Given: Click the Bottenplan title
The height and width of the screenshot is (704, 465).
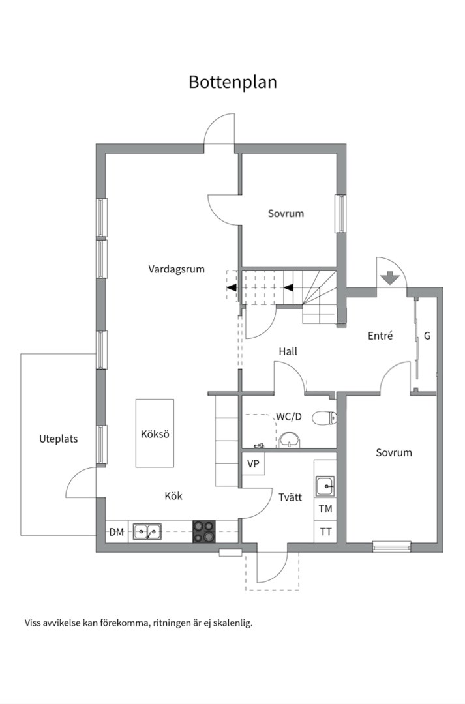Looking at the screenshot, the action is tap(232, 82).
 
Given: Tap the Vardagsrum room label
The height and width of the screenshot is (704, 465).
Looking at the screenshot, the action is tap(177, 269).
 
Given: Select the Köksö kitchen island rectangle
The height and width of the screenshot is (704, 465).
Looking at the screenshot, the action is tap(155, 433).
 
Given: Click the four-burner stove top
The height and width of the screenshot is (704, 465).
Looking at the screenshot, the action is tap(204, 532).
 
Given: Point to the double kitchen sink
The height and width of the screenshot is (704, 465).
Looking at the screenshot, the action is tap(147, 532).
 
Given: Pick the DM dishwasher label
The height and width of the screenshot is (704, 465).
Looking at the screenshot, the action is tap(116, 532).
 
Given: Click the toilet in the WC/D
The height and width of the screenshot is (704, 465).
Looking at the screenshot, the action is tap(324, 418).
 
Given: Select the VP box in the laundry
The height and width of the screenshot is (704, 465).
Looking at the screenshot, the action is tap(254, 463).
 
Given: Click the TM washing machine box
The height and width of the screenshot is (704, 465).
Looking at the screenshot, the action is tap(325, 508).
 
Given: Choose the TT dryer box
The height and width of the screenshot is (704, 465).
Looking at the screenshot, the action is tap(325, 532).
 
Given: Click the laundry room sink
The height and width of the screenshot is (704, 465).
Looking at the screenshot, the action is tap(325, 486).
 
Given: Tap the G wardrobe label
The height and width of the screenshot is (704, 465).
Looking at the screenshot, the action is tap(427, 336).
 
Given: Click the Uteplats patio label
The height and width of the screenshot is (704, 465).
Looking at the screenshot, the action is tap(59, 439).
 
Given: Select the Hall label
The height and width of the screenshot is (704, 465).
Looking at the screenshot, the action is tap(288, 351).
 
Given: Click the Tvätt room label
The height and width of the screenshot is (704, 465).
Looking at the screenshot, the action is tap(290, 497).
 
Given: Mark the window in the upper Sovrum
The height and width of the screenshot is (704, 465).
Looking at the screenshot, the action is tap(341, 214).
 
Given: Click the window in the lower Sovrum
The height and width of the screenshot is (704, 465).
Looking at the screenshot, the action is tap(392, 546).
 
